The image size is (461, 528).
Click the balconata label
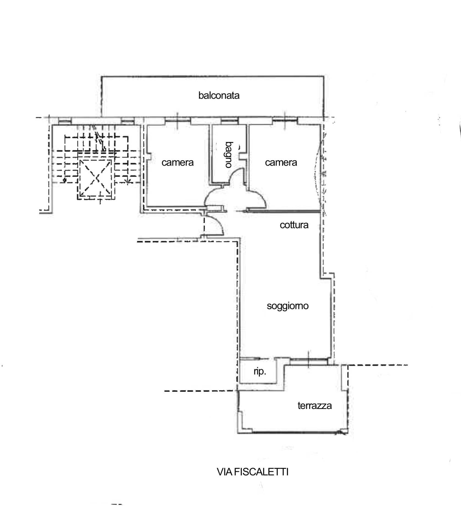(219, 96)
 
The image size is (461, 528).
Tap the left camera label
(177, 163)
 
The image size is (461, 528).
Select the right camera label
(281, 163)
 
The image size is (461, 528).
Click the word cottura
(294, 225)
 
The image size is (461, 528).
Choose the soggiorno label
(288, 306)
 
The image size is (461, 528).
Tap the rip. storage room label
(260, 372)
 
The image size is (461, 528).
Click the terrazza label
(314, 406)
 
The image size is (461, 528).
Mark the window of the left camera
(178, 120)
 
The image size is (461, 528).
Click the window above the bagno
(230, 120)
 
